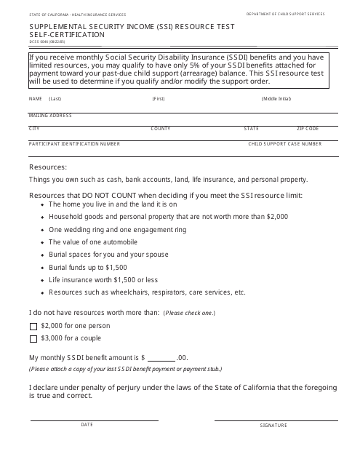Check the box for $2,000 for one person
pos(33,326)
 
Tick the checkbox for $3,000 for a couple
pos(33,338)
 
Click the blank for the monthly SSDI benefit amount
pos(161,358)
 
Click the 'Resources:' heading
pos(48,167)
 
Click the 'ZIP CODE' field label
pos(308,129)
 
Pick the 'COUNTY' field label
pos(160,129)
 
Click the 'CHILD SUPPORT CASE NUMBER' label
pos(284,144)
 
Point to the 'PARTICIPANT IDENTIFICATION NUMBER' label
pos(74,144)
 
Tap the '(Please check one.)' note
pos(189,313)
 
